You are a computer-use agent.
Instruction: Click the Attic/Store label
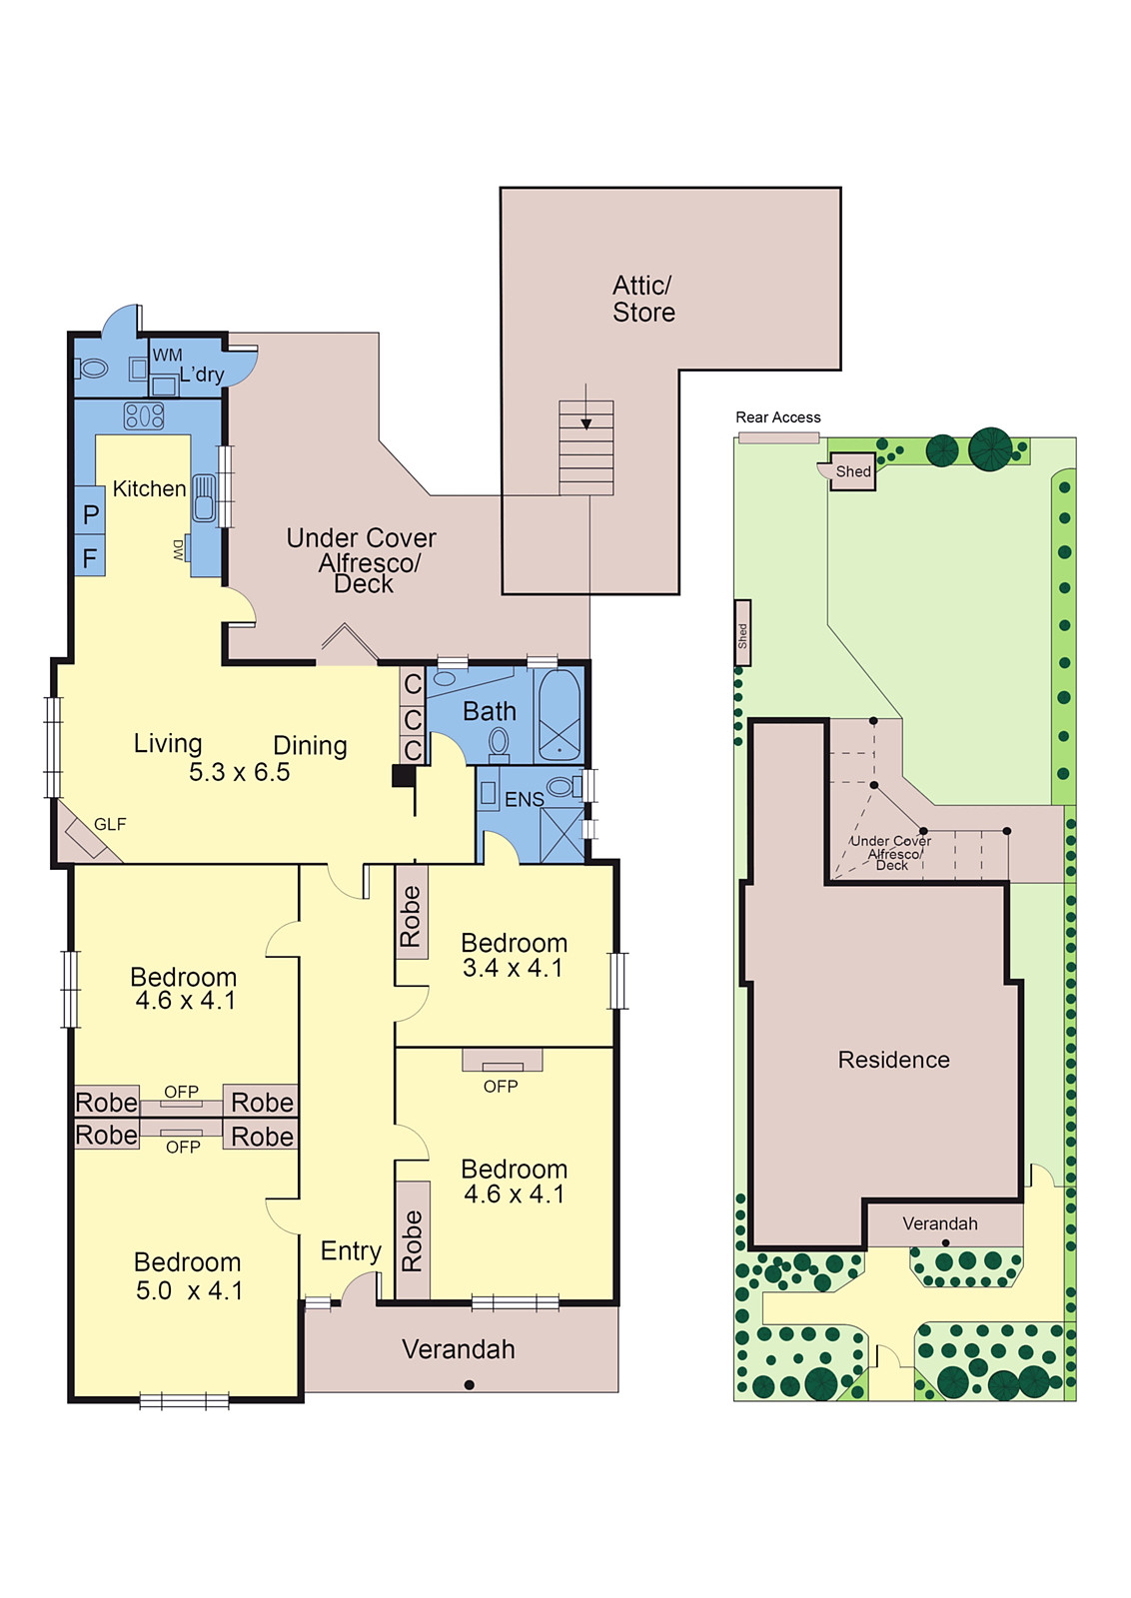[x=642, y=299]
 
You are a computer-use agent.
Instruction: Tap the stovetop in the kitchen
[x=144, y=415]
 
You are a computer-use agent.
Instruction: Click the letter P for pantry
[x=91, y=513]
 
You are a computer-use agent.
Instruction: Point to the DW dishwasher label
[x=178, y=549]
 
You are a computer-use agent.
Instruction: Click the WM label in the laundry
[x=167, y=355]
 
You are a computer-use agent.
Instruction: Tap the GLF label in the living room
[x=110, y=825]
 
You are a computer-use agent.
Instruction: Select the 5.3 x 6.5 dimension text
[x=239, y=772]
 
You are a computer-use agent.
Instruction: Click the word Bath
[x=490, y=711]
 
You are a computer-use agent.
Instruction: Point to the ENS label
[x=525, y=800]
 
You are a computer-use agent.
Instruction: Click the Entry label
[x=351, y=1250]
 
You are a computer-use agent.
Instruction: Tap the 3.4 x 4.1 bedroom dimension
[x=513, y=968]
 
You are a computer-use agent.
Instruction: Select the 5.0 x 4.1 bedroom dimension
[x=189, y=1290]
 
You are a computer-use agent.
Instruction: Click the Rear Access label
[x=777, y=417]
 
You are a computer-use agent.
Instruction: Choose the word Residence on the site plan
[x=893, y=1060]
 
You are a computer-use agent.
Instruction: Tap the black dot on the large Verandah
[x=469, y=1384]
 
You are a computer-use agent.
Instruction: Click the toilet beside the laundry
[x=91, y=369]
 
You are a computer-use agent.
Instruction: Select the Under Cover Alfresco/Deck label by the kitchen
[x=362, y=560]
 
